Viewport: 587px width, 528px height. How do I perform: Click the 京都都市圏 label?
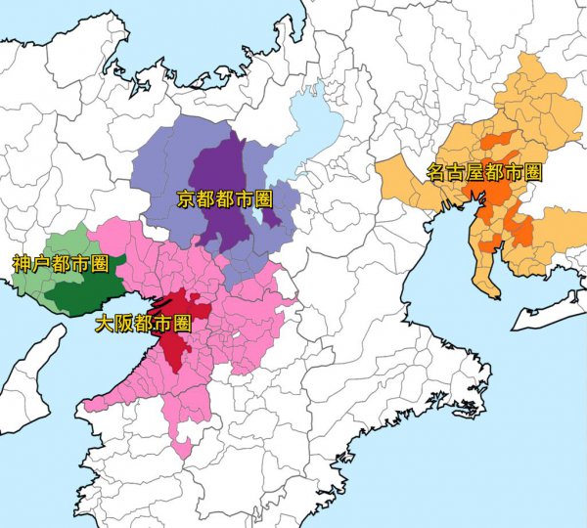click(224, 199)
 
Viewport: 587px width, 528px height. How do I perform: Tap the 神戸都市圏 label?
click(60, 263)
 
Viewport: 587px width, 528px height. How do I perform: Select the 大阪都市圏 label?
click(143, 323)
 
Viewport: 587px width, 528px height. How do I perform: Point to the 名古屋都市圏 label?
click(484, 173)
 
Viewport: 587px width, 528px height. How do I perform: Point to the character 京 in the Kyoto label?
click(186, 199)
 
